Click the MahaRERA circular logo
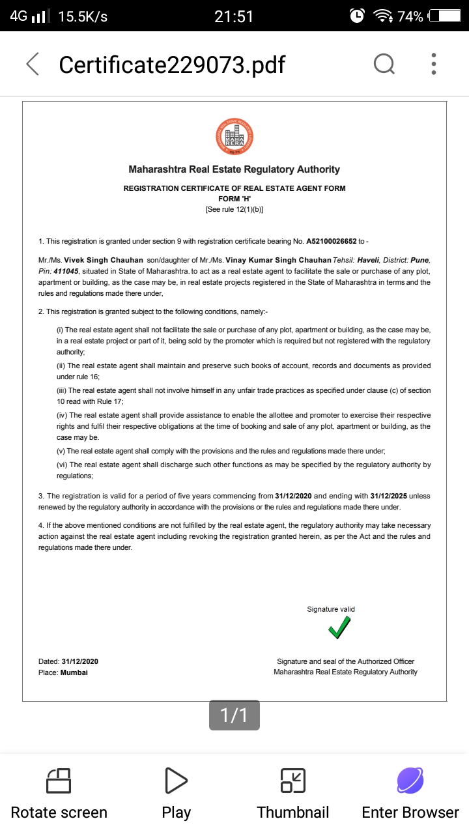234,137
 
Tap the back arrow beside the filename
32,65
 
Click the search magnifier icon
384,64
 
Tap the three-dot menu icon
434,64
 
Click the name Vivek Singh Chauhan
104,260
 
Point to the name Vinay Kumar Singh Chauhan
287,260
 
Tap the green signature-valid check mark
339,628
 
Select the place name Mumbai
74,672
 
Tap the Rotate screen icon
59,780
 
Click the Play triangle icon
176,780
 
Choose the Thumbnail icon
293,780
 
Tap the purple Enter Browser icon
410,780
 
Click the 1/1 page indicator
234,715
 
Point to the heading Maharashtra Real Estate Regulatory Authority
234,169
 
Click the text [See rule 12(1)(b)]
234,210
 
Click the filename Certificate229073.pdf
172,65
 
